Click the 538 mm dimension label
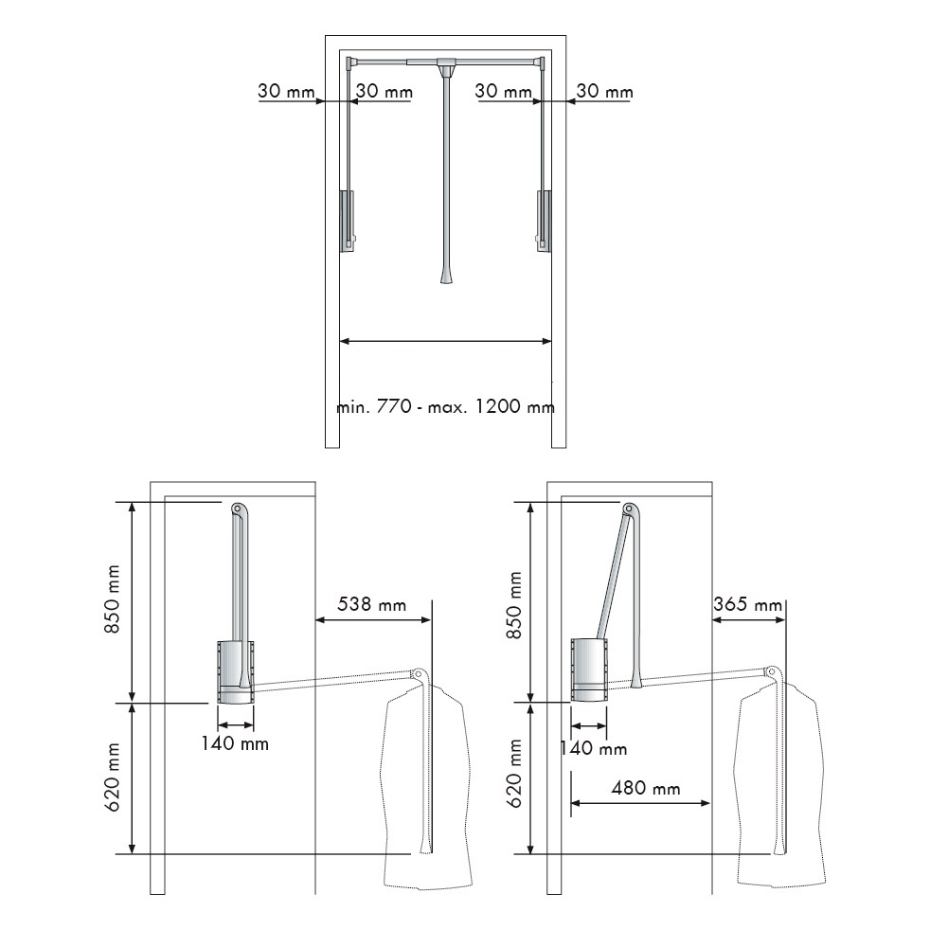(371, 604)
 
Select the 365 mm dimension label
(748, 604)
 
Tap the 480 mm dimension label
(646, 788)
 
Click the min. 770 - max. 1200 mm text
(445, 405)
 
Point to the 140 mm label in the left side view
(235, 742)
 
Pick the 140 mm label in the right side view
(593, 749)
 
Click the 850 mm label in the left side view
(113, 599)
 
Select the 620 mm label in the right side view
(514, 773)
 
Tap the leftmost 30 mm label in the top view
(286, 91)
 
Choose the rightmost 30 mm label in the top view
(604, 91)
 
